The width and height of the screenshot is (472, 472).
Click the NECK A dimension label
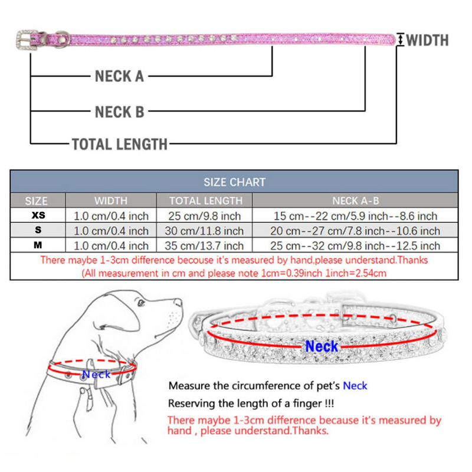click(x=119, y=76)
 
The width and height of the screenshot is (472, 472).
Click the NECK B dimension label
click(x=119, y=112)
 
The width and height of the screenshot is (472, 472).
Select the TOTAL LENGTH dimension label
click(x=120, y=143)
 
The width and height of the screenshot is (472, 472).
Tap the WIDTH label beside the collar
click(x=427, y=40)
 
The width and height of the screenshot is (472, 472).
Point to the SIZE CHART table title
click(x=234, y=182)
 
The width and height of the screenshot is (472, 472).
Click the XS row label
click(x=37, y=216)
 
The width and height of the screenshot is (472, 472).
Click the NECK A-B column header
click(x=356, y=201)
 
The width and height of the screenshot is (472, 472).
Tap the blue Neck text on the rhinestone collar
click(x=322, y=346)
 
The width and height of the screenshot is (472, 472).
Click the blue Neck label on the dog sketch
click(x=96, y=374)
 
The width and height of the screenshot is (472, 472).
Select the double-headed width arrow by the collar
click(x=401, y=40)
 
